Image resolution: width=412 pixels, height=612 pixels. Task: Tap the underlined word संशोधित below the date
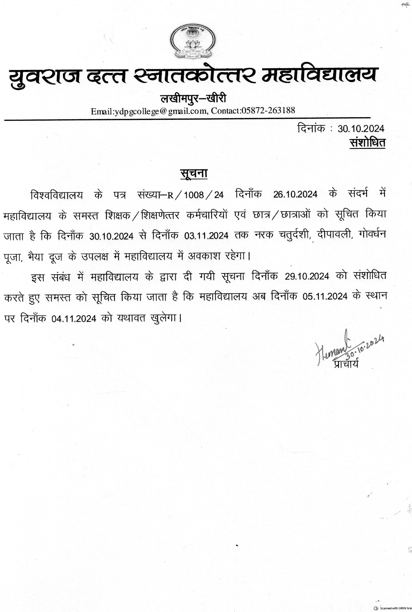click(367, 143)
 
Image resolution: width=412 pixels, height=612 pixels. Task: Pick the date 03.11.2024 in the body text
click(206, 236)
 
